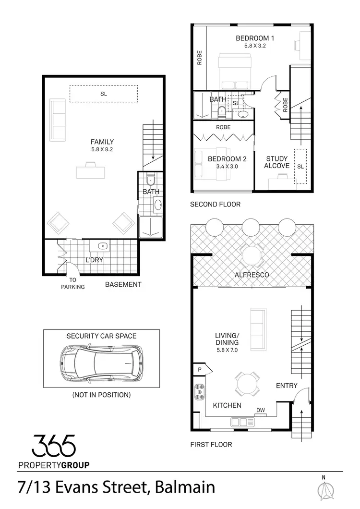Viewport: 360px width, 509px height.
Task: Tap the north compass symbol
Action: point(326,489)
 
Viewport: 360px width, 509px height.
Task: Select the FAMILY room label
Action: point(102,142)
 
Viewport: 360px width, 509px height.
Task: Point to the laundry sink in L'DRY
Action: point(103,246)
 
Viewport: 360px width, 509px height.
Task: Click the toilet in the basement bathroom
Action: point(150,181)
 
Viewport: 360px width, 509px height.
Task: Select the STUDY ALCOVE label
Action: point(277,162)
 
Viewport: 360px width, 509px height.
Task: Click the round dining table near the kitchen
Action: point(248,383)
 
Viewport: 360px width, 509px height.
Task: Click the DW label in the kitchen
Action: point(261,410)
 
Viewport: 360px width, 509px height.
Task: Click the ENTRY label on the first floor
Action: point(287,386)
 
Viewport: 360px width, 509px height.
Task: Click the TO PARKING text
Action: point(72,283)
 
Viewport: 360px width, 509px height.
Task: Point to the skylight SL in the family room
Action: point(103,94)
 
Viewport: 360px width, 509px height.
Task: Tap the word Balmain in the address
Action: point(186,488)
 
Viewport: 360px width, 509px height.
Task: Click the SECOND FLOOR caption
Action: point(215,204)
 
